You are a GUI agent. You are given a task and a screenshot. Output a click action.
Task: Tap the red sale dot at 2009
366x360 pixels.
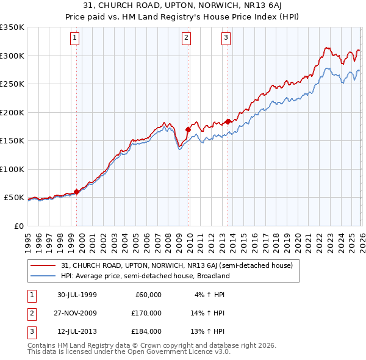click(x=188, y=129)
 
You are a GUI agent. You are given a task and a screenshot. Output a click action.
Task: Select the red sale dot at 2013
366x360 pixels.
click(x=228, y=121)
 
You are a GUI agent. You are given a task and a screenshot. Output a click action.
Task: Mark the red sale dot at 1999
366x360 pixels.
click(x=77, y=192)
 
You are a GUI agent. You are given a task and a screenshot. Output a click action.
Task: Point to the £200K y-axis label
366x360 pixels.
click(x=12, y=112)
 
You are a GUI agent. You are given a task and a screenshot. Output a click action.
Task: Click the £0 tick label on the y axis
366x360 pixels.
click(x=19, y=226)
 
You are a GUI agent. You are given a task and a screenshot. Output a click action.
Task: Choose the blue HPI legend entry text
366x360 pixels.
click(x=145, y=276)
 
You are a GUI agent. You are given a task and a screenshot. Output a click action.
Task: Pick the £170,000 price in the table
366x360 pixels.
click(x=147, y=313)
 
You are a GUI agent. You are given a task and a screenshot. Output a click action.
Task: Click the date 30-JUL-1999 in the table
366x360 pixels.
click(x=77, y=295)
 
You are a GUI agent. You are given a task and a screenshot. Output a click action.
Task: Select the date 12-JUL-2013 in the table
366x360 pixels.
click(x=77, y=331)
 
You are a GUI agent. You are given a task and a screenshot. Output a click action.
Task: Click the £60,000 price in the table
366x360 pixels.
click(x=149, y=295)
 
